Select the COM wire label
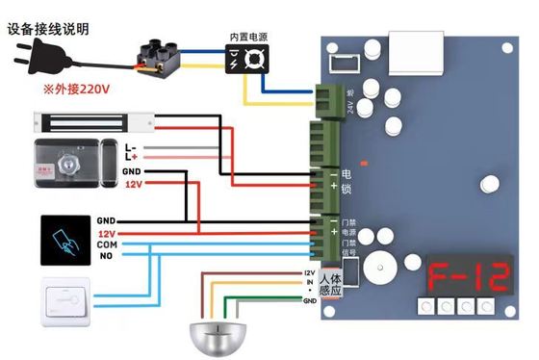coord(108,245)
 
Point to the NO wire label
coord(108,258)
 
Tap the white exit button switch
coord(64,298)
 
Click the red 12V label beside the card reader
coord(107,233)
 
